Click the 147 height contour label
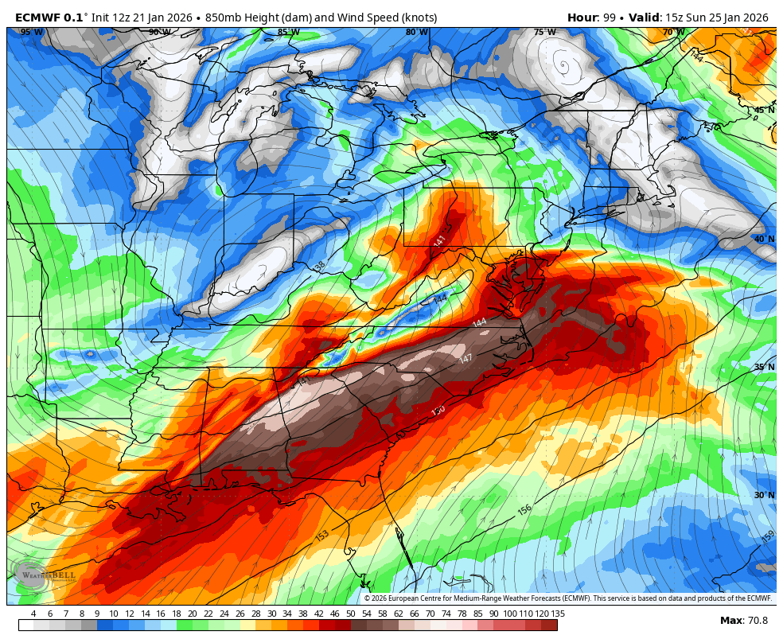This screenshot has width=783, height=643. pos(466,358)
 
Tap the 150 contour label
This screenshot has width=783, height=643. pos(438,411)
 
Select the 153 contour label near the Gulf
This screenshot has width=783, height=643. pos(322,536)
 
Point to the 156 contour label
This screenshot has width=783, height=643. pos(524,509)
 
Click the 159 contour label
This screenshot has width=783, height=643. pos(767,537)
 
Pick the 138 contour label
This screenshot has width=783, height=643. pos(319,267)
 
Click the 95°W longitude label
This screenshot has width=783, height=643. pos(32,33)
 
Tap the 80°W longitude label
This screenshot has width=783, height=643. pos(416,33)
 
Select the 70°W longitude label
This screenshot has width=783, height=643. pos(673,33)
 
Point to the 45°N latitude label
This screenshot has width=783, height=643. pos(764,111)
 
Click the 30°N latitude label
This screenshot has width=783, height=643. pos(764,495)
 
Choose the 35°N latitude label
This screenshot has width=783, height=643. pos(764,368)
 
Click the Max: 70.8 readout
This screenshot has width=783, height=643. pos(744,621)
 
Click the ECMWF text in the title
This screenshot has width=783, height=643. pos(38,18)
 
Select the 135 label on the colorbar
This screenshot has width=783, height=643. pos(558,614)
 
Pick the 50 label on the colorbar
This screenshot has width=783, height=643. pos(351,614)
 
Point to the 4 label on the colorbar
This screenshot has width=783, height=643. pos(33,614)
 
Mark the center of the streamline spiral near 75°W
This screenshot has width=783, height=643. pos(564,64)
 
